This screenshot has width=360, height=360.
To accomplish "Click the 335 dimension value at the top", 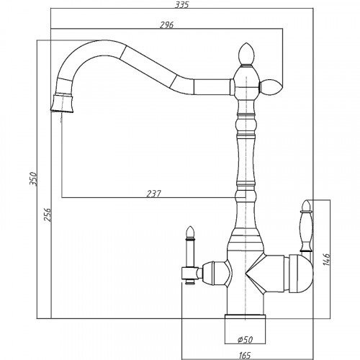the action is [x=181, y=4].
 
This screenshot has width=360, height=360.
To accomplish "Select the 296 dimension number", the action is [x=166, y=25].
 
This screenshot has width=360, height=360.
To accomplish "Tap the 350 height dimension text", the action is [x=33, y=179].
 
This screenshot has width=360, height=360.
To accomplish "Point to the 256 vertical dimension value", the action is [x=48, y=215].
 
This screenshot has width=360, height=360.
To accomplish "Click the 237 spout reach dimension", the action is [x=154, y=194].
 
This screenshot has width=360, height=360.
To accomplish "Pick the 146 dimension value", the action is [x=327, y=260].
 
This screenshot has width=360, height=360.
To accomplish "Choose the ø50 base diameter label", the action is [x=245, y=340].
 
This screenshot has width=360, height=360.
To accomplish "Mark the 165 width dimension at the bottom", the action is [x=245, y=355].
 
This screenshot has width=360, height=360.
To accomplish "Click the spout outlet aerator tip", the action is [x=63, y=103].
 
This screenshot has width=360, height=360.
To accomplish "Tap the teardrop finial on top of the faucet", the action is [x=246, y=54].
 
